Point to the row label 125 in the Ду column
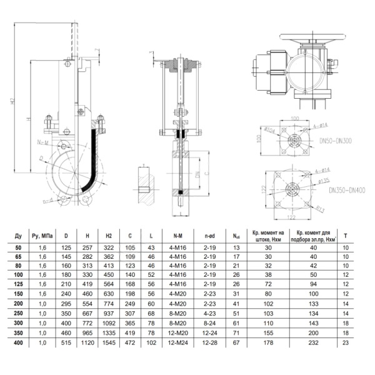[18, 282]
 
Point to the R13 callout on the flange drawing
[320, 208]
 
